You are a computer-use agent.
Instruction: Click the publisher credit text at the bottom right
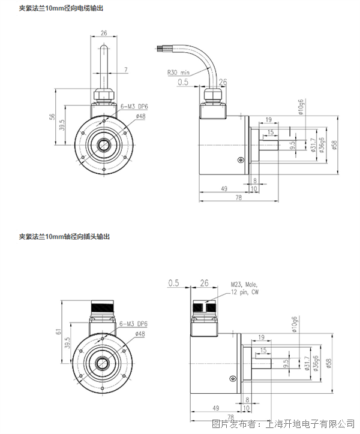click(281, 424)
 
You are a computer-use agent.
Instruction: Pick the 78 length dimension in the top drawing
click(239, 197)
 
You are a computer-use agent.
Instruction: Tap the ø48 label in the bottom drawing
click(140, 333)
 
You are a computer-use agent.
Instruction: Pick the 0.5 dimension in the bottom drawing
click(174, 282)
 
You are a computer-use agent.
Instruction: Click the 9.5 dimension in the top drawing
click(292, 144)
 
